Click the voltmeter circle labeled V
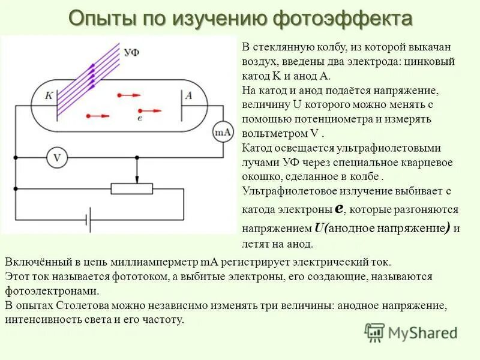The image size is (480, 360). click(58, 158)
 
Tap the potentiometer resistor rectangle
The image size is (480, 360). click(137, 189)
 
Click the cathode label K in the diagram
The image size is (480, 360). click(50, 95)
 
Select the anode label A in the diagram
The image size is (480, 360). click(188, 95)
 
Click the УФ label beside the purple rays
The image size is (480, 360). click(132, 52)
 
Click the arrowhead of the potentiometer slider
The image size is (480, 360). click(137, 180)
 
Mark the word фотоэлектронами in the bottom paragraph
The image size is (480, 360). click(51, 290)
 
